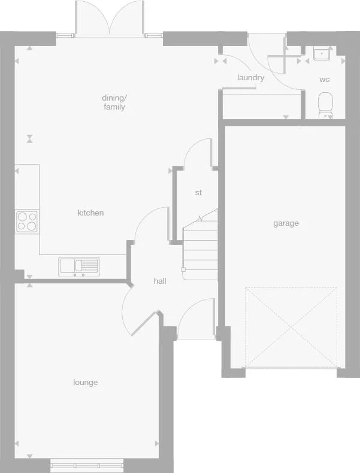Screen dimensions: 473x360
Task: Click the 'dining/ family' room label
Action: coord(114,102)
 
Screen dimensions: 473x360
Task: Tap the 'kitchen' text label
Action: coord(90,213)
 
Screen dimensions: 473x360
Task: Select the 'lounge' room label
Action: coord(86,383)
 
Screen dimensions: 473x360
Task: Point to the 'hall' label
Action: coord(160,281)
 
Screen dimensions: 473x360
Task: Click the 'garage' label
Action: coord(286,223)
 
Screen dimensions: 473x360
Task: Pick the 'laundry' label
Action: coord(250,78)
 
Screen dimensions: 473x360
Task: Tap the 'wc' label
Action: coord(324,79)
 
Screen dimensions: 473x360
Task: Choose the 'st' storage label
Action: coord(198,193)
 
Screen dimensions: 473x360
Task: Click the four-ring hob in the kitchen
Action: coord(27,221)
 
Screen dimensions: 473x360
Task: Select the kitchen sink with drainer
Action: coord(79,265)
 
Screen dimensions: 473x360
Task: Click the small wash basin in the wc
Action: coord(322,53)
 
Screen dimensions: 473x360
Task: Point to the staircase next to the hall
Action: coord(199,245)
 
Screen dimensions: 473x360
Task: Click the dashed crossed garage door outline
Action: coord(291,327)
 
